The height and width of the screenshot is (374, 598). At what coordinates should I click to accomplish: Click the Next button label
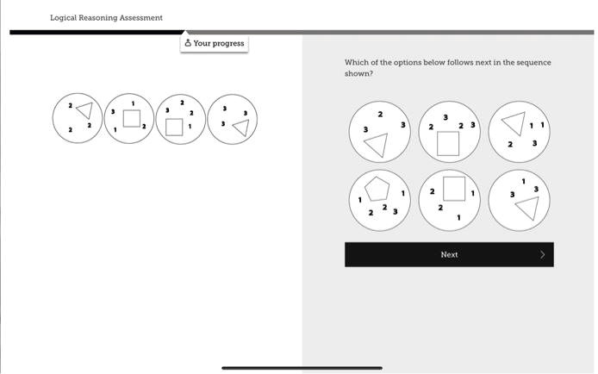tap(449, 254)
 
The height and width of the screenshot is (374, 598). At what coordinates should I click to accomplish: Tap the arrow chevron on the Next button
tap(542, 254)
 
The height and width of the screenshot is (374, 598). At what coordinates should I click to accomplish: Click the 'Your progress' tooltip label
tap(219, 43)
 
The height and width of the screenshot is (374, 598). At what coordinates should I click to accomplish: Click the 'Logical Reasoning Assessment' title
tap(106, 17)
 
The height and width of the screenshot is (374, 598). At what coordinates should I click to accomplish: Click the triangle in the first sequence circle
tap(84, 110)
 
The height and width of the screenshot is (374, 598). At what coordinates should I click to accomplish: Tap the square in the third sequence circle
tap(175, 128)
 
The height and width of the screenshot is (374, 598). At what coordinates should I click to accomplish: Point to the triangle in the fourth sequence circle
tap(241, 128)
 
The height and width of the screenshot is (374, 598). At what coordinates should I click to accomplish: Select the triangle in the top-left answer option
tap(376, 146)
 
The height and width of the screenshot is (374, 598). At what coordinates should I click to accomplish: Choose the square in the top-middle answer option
tap(448, 143)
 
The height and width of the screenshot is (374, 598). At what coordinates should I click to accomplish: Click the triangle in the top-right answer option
tap(512, 123)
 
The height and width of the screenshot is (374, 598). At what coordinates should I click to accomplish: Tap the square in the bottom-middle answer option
tap(453, 186)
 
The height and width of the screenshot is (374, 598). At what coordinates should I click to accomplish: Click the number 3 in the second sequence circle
tap(112, 112)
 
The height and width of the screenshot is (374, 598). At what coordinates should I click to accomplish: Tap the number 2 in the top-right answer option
tap(509, 144)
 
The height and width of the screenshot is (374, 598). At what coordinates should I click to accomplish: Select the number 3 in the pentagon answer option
tap(395, 211)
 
